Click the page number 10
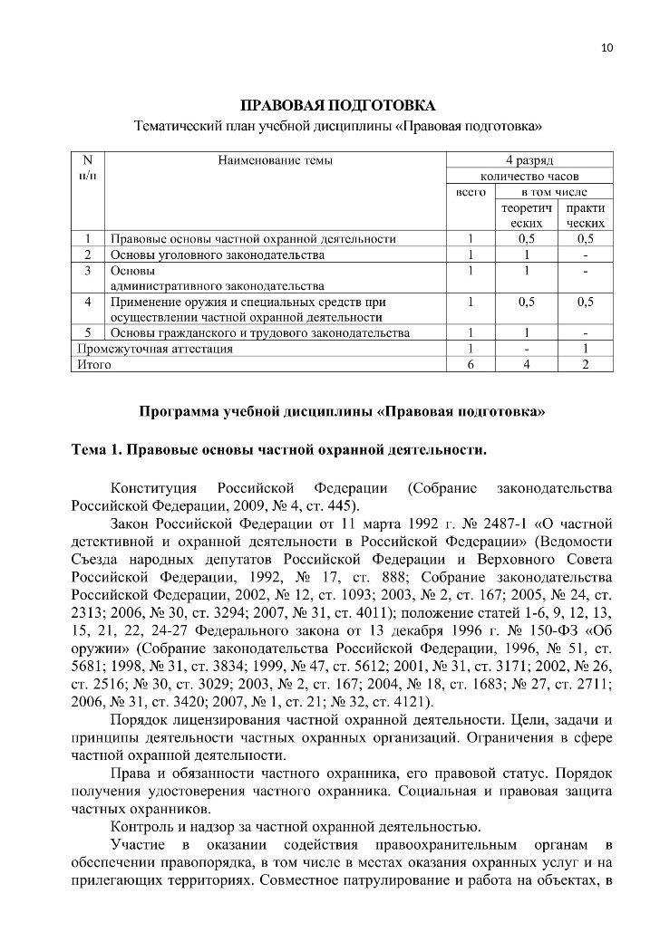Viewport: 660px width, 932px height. pos(607,48)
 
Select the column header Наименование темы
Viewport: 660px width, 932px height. pos(275,160)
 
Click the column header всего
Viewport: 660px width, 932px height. pos(470,192)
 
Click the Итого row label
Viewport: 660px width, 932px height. pos(93,364)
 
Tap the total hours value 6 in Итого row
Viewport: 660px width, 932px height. pos(471,364)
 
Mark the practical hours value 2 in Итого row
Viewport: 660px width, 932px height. pos(585,364)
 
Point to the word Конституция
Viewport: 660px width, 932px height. pos(154,489)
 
